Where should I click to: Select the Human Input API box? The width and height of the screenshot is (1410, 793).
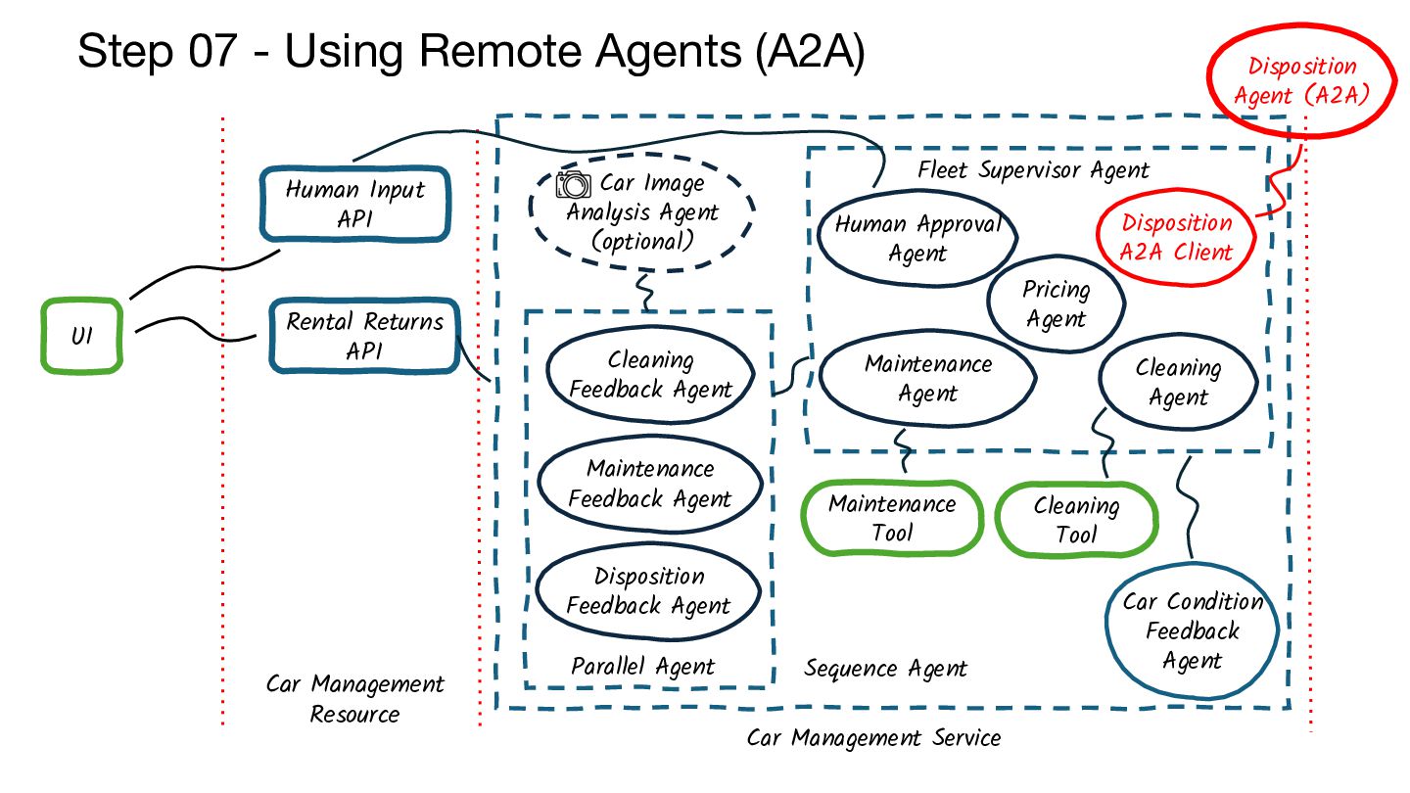point(354,204)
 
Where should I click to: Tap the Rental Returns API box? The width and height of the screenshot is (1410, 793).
point(364,336)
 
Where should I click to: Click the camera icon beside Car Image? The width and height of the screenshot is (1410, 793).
point(574,184)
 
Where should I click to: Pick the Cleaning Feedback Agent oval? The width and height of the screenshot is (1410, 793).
point(650,375)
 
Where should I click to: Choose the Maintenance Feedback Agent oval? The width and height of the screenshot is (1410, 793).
point(650,484)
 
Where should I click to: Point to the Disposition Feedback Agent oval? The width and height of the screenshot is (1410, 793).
point(648,591)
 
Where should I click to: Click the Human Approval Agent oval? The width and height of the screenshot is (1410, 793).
point(917,238)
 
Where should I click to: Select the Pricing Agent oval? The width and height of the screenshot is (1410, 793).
point(1055,303)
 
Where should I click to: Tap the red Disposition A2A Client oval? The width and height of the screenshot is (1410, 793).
point(1176,237)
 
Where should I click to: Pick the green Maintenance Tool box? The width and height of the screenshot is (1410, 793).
point(892,518)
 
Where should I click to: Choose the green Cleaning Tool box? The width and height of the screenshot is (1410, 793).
point(1076,520)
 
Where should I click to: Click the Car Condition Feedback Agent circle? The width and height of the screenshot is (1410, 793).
point(1192,630)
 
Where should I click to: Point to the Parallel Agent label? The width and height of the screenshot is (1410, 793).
point(643,667)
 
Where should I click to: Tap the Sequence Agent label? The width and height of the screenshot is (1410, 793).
point(885,669)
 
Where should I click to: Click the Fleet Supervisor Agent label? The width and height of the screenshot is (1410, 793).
point(1033,169)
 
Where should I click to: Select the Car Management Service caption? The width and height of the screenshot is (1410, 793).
point(873,737)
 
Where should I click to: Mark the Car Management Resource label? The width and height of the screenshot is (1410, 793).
point(354,699)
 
